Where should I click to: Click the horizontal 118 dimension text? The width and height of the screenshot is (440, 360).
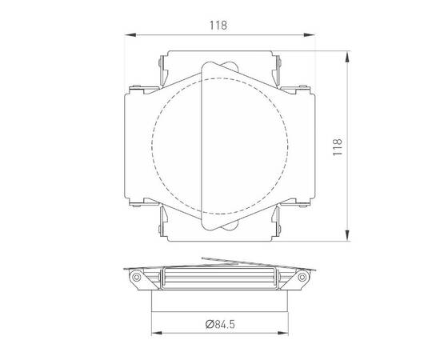point(219,25)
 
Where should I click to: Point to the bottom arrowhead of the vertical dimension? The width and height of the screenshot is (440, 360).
point(347,238)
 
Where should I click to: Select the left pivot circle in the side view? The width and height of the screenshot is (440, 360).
point(137,278)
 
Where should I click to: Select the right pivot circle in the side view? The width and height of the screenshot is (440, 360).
point(303,278)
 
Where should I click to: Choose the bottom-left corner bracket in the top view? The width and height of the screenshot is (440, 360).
point(164,226)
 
